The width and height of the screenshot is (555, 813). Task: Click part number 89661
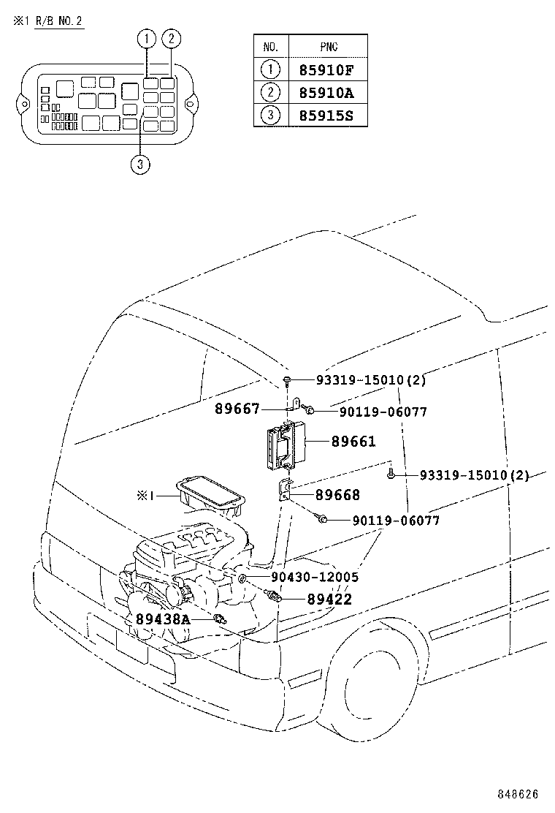353,442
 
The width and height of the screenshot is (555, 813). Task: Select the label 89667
237,409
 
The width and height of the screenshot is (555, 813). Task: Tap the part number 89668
337,495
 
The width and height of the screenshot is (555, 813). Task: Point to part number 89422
329,600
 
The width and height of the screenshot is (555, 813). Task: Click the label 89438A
162,619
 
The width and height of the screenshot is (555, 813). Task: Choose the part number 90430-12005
314,578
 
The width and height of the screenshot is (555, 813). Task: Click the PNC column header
329,47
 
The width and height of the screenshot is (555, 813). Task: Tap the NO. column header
269,47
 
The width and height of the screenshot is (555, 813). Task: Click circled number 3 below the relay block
140,165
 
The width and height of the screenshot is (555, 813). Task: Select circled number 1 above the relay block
148,39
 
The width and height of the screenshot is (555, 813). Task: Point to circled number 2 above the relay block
171,39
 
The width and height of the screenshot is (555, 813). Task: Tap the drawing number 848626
519,793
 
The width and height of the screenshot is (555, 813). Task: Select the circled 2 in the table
269,93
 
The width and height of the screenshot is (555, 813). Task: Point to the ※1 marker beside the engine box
144,496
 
